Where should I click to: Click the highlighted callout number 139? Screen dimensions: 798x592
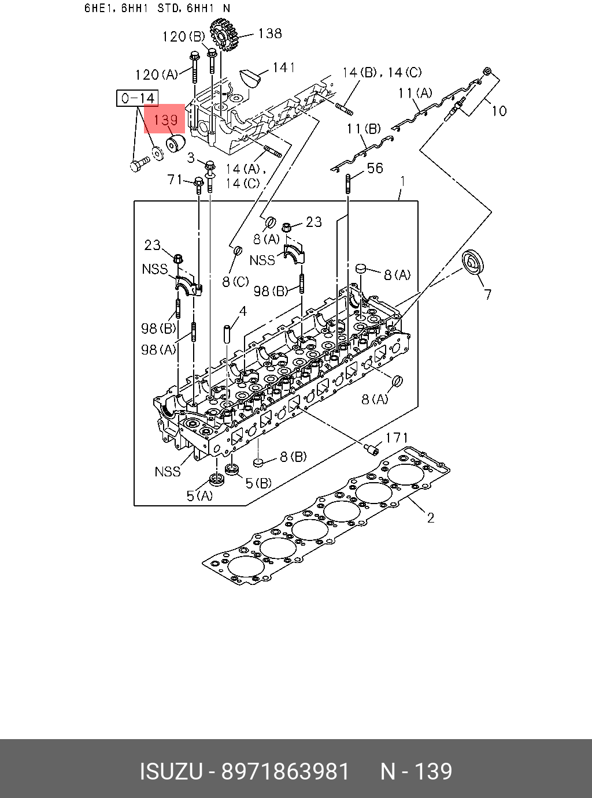pos(165,120)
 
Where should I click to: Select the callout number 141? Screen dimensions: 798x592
pos(283,68)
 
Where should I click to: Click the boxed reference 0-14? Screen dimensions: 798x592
pos(138,99)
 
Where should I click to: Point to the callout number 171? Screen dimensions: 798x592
pos(397,438)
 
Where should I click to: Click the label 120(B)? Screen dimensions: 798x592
pos(183,37)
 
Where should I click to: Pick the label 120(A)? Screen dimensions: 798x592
pos(156,74)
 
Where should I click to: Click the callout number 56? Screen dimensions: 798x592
pos(375,168)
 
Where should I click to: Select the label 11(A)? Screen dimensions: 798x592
pos(415,93)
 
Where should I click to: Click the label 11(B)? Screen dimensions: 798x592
pos(363,129)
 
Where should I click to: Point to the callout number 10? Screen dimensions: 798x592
pos(498,111)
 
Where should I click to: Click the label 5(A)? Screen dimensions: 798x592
pos(199,495)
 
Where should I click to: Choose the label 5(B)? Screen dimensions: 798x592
pos(258,483)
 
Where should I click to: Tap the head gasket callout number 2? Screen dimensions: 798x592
pos(430,517)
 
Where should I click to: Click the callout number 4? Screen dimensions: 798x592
pos(243,312)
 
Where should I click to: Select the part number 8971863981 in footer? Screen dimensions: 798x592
pos(286,771)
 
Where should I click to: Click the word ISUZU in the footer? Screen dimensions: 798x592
pos(171,771)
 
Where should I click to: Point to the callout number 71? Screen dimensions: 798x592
pos(175,180)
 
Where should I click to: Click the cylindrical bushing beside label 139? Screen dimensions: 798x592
pos(175,143)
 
